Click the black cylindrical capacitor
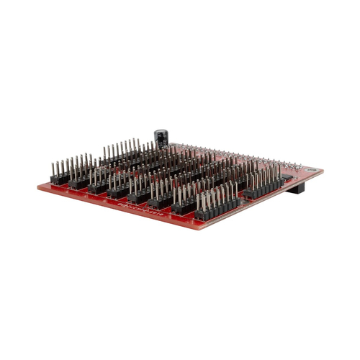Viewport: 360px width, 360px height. [161, 138]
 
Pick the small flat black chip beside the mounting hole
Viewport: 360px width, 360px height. [287, 176]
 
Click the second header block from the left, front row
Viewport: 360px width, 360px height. [79, 184]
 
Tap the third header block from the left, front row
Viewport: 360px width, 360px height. [99, 189]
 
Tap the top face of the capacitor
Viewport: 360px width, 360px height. [161, 132]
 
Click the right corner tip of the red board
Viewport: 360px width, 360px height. [322, 171]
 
